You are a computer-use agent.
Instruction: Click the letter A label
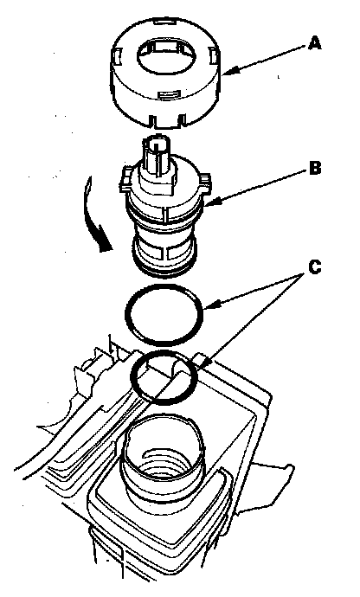coord(315,43)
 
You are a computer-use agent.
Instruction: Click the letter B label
coord(315,168)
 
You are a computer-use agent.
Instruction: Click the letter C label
coord(315,267)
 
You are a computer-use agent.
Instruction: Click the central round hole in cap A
coord(165,56)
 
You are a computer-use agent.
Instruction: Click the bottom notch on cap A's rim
coord(168,120)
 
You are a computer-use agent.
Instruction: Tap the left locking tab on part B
coord(125,180)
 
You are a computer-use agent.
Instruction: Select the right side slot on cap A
coord(214,57)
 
